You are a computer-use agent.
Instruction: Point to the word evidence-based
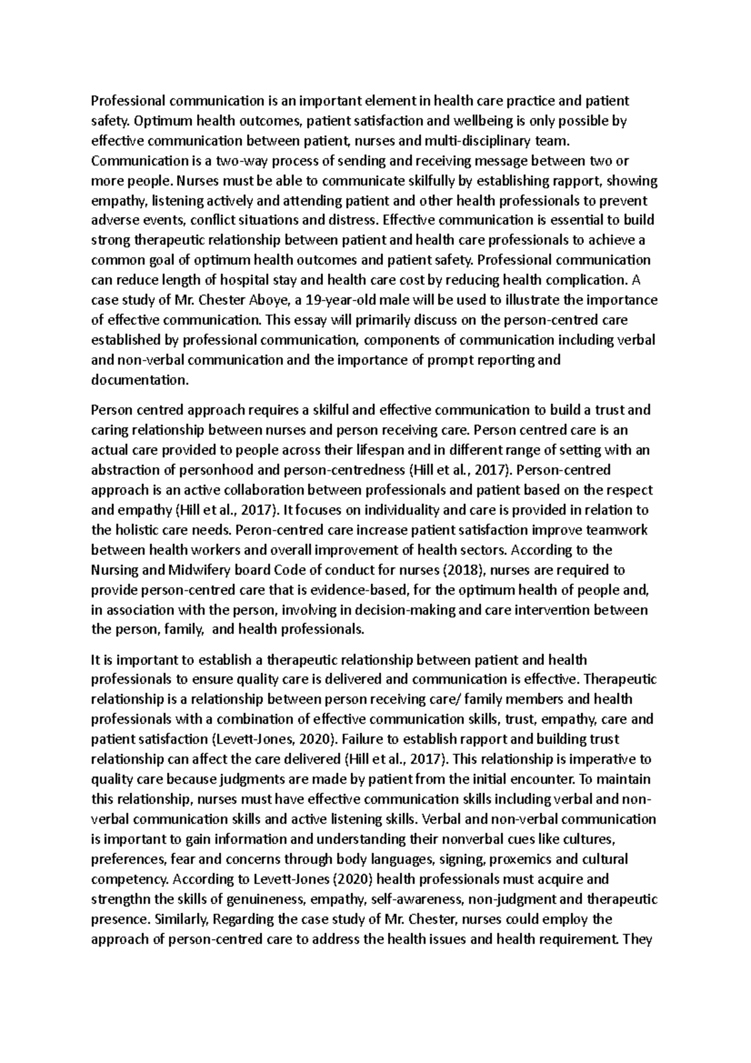point(364,590)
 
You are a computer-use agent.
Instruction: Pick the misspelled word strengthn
point(124,900)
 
